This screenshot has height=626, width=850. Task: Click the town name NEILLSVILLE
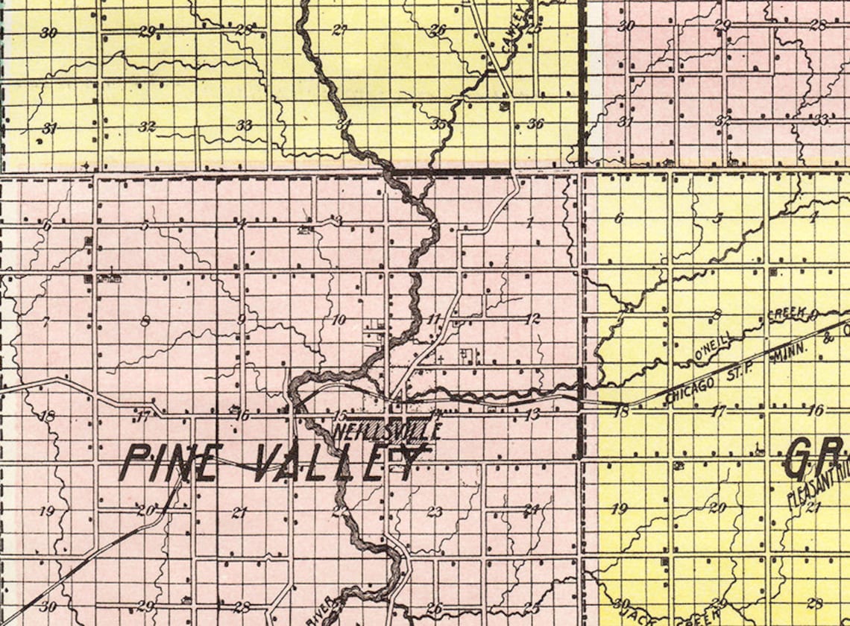tap(388, 431)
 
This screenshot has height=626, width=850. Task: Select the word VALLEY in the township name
tap(339, 463)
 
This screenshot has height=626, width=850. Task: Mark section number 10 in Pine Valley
tap(339, 320)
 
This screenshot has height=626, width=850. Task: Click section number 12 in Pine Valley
tap(532, 319)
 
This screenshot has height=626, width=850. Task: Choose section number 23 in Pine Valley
tap(434, 511)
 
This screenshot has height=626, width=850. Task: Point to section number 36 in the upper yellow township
tap(535, 124)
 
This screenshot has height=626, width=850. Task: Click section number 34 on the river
tap(343, 124)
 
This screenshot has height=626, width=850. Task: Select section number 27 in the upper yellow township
tap(340, 31)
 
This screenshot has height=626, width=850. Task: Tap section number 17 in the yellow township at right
tap(718, 411)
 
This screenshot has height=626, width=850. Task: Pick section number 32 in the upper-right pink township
tap(722, 120)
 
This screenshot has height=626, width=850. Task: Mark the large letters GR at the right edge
tap(816, 458)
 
